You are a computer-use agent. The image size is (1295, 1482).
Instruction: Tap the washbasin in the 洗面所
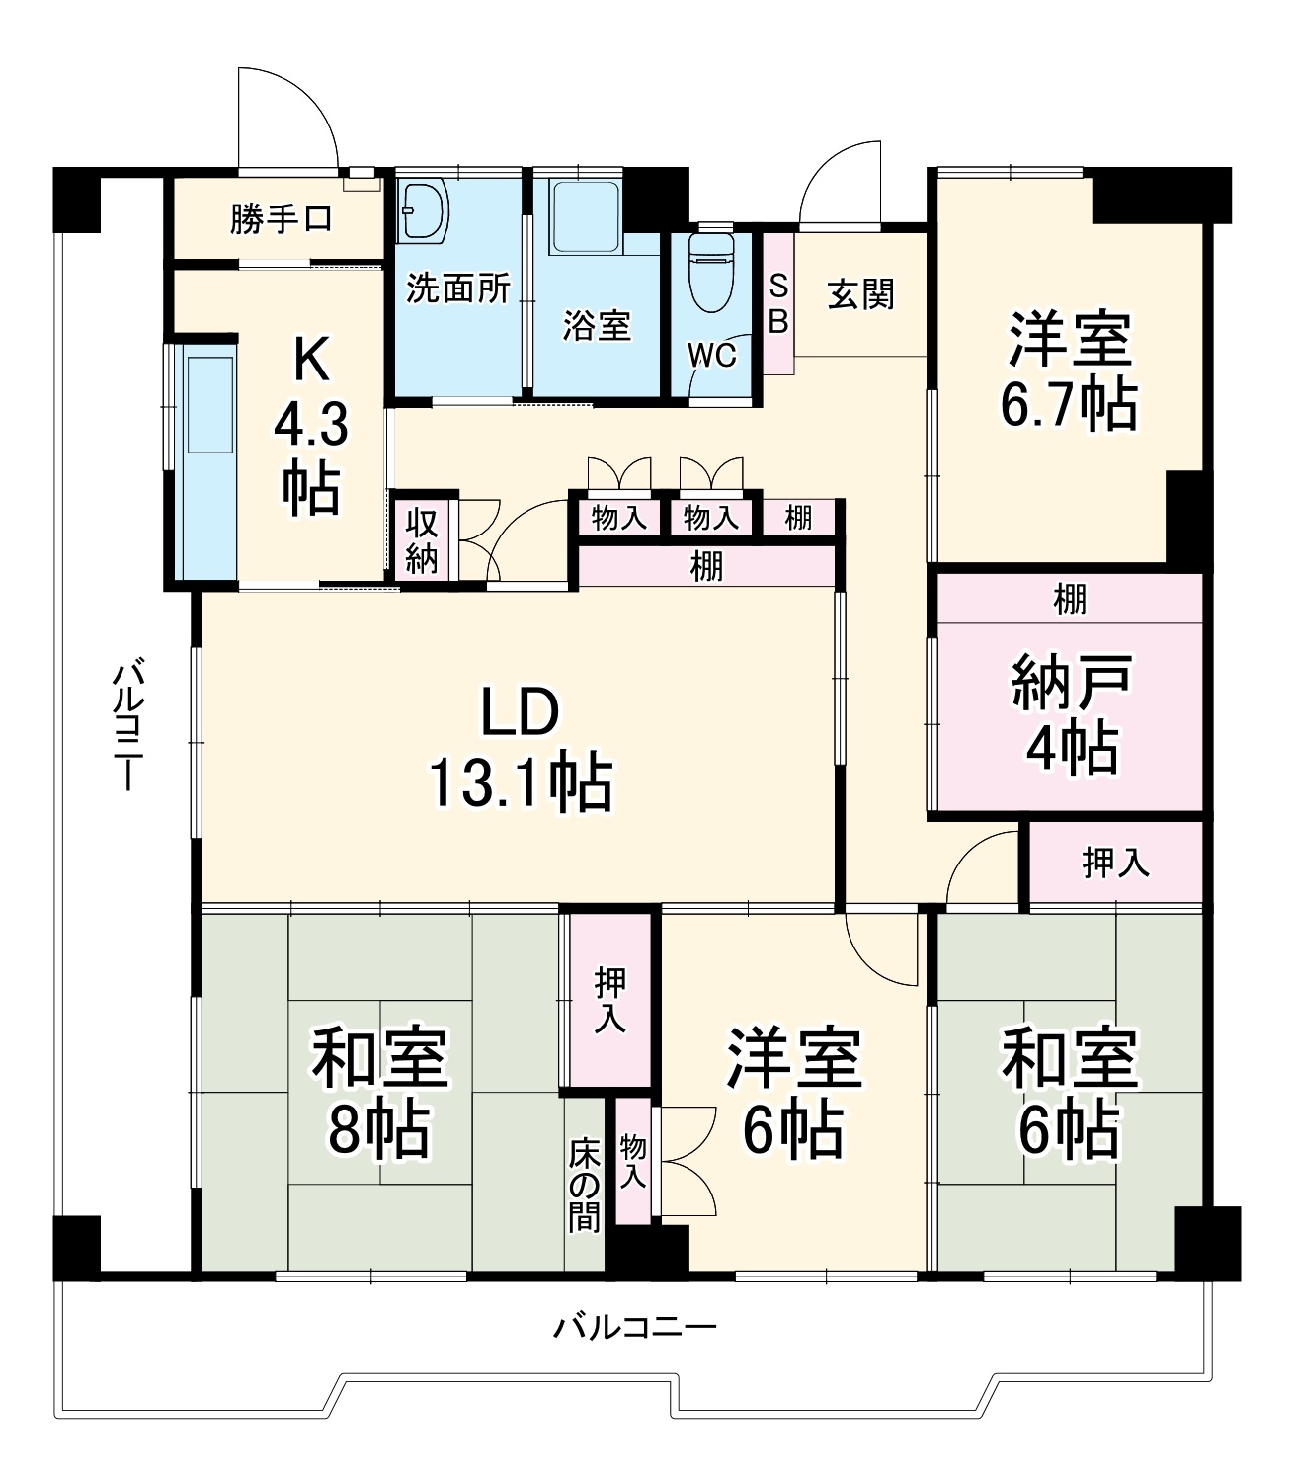point(425,209)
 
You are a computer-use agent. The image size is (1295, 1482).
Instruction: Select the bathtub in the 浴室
point(586,210)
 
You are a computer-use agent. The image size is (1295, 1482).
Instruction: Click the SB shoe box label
point(778,303)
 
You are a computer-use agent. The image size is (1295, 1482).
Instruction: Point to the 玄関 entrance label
point(861,293)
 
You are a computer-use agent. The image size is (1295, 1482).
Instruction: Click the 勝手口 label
point(282,218)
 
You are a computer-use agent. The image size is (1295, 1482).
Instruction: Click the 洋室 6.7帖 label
point(1069,370)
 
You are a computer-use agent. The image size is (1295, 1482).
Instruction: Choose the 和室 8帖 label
point(379,1091)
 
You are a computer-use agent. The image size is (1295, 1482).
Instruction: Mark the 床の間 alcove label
point(585,1186)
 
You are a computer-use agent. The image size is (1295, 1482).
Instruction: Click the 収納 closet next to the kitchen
point(422,539)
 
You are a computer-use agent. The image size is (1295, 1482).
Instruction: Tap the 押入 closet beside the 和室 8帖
point(609,1000)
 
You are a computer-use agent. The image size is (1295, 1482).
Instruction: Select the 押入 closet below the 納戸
point(1116,863)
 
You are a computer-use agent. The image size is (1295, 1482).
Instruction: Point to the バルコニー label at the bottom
point(634,1326)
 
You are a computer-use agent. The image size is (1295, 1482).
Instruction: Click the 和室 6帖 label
point(1070,1091)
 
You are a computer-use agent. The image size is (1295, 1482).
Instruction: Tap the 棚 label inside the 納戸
point(1070,598)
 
